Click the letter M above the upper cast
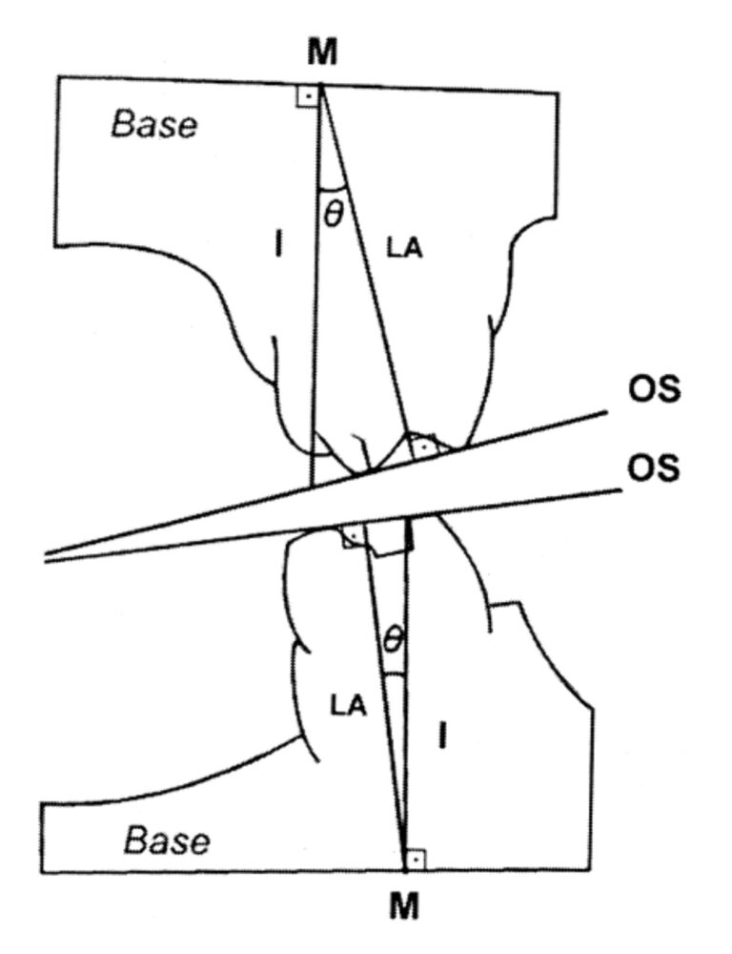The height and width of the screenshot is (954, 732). pyautogui.click(x=323, y=55)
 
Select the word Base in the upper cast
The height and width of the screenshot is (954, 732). pyautogui.click(x=154, y=125)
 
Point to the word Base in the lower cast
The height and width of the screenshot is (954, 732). pyautogui.click(x=169, y=840)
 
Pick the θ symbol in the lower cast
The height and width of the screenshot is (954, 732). pyautogui.click(x=392, y=640)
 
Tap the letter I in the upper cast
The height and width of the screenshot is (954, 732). pyautogui.click(x=277, y=245)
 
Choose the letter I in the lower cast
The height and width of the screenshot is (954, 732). pyautogui.click(x=441, y=736)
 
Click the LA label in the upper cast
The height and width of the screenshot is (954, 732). pyautogui.click(x=404, y=248)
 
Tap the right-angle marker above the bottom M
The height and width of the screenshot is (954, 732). pyautogui.click(x=412, y=861)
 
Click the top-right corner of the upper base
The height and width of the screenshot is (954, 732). pyautogui.click(x=559, y=93)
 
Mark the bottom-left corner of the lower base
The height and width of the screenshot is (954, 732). pyautogui.click(x=44, y=872)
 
